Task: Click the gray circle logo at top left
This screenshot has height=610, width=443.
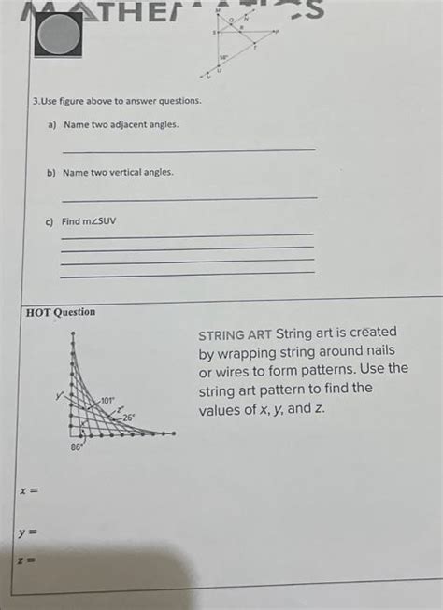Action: point(58,35)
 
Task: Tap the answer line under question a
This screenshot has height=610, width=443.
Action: point(187,149)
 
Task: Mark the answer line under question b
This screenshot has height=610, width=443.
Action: point(187,197)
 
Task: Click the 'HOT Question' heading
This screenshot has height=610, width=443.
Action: point(60,312)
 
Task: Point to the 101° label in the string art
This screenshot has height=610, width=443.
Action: point(107,401)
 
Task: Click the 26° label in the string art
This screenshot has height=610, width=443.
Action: point(128,418)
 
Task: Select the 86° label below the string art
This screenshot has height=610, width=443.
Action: point(78,448)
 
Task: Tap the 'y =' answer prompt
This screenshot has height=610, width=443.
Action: point(26,533)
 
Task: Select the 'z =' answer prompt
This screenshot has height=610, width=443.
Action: point(25,560)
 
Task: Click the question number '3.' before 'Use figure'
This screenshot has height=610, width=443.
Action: point(35,100)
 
